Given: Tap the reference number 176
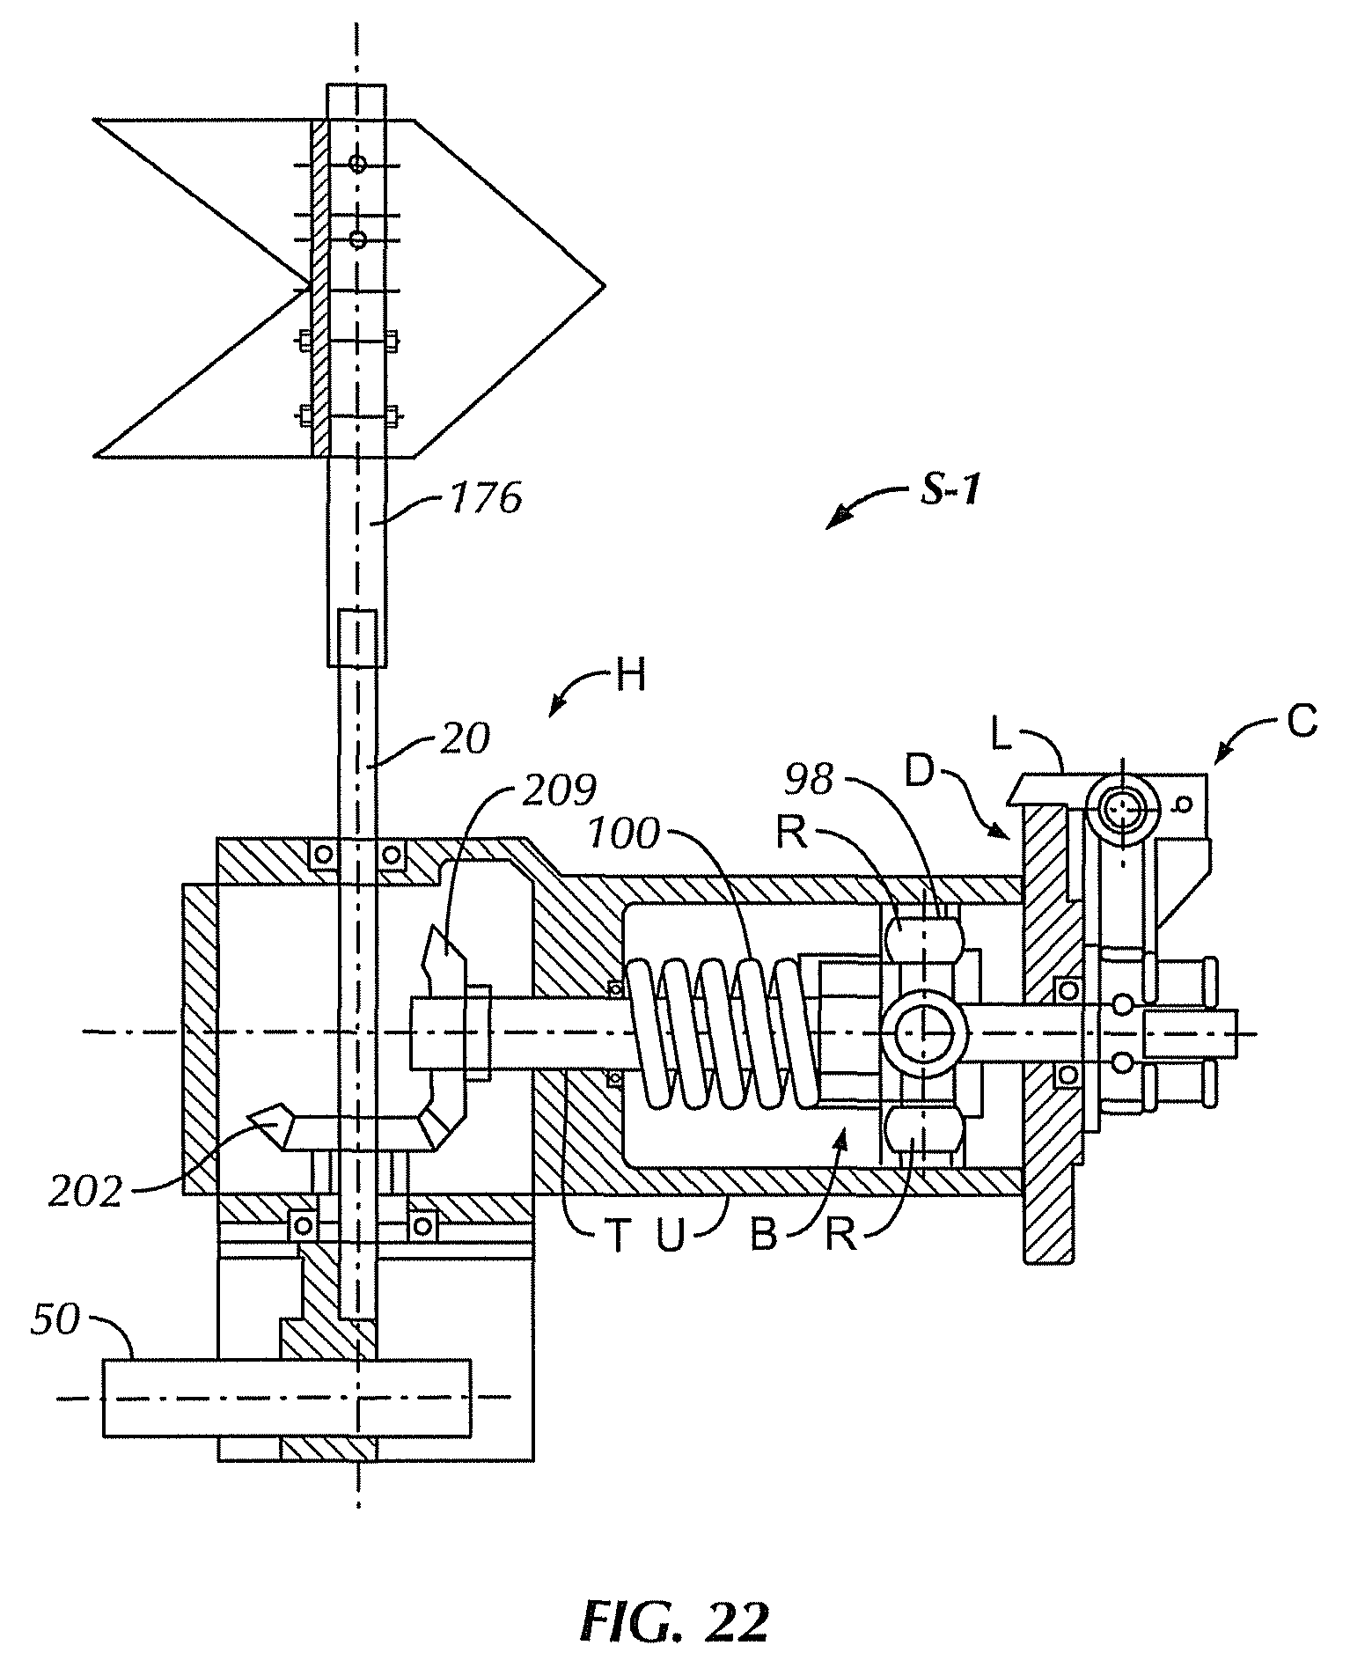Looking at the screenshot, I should (x=486, y=499).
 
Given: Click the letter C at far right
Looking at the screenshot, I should (x=1302, y=722).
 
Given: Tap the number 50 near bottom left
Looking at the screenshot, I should (x=55, y=1320).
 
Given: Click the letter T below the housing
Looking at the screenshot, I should (x=617, y=1237).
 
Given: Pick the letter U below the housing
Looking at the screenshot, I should (x=671, y=1237).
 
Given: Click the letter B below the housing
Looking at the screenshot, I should (x=762, y=1237).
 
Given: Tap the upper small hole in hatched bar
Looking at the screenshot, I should (x=357, y=163).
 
